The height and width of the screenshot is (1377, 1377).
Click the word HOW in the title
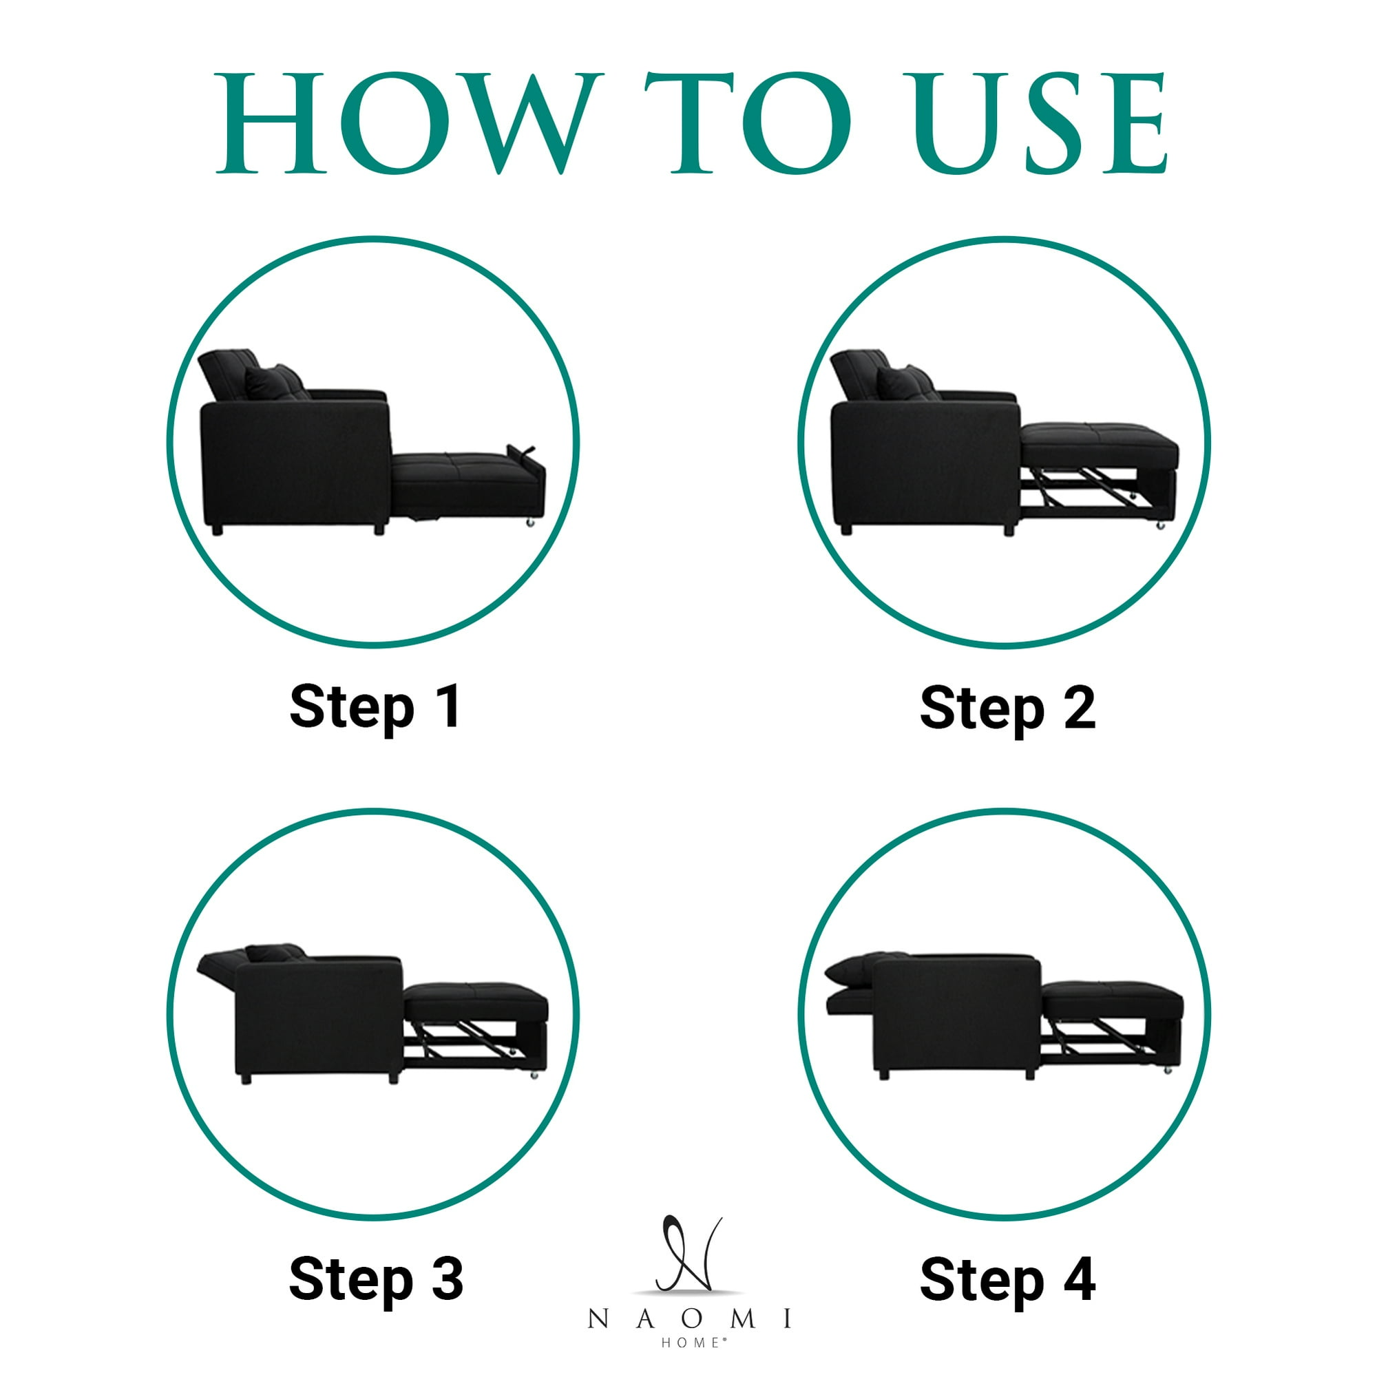point(406,123)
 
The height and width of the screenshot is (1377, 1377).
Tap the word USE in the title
point(1040,123)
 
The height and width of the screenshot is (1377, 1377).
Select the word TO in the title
point(748,123)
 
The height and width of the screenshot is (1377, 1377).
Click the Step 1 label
point(376,708)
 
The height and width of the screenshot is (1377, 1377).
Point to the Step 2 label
point(1007,708)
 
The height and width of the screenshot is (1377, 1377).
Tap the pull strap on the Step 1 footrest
point(521,452)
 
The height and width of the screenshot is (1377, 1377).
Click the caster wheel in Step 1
point(530,524)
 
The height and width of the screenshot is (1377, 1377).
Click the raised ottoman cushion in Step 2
point(1098,445)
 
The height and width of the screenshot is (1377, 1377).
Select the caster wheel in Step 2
point(1160,526)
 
